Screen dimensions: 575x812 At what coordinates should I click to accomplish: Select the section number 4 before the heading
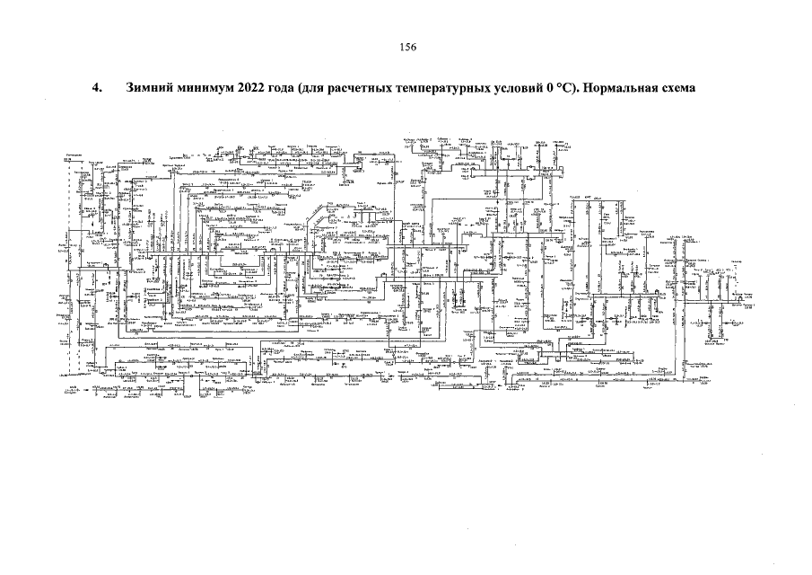[x=98, y=91]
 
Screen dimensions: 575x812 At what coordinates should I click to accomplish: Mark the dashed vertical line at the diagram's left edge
[x=70, y=270]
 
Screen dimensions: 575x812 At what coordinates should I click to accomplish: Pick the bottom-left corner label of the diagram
[x=72, y=392]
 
